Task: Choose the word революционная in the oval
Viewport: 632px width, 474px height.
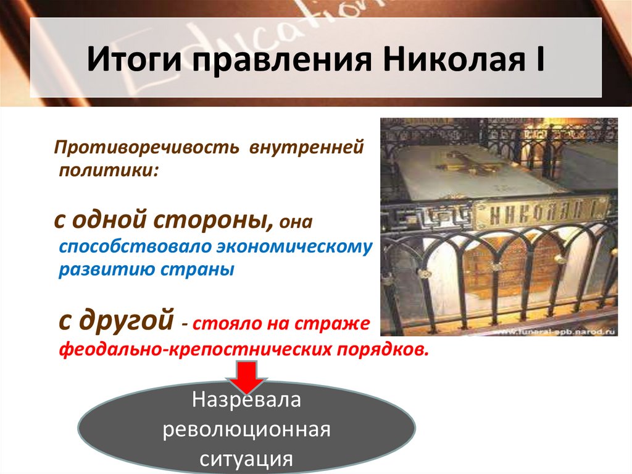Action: (x=247, y=430)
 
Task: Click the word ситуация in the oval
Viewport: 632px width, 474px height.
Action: (x=247, y=459)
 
